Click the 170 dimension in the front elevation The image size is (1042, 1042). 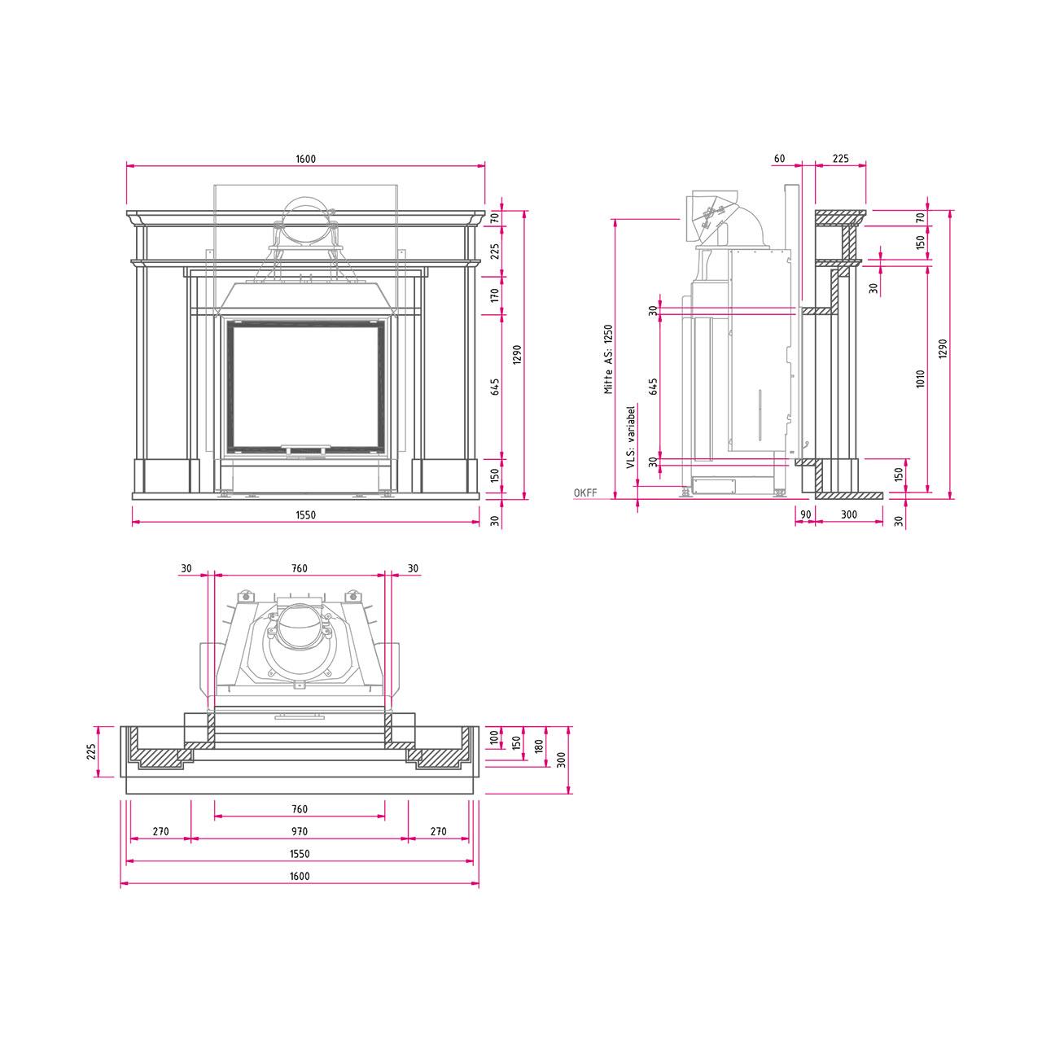(x=495, y=296)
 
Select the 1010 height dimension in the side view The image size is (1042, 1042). (x=921, y=379)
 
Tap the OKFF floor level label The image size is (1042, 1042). (x=585, y=493)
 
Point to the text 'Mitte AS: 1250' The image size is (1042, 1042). (x=609, y=359)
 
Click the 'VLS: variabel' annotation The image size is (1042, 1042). (x=630, y=437)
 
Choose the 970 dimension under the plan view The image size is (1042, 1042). (x=299, y=831)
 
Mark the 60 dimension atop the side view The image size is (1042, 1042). (x=779, y=159)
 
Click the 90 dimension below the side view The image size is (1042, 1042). (x=805, y=514)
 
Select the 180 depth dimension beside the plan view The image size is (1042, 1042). (x=539, y=746)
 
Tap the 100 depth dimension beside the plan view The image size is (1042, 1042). (x=494, y=738)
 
